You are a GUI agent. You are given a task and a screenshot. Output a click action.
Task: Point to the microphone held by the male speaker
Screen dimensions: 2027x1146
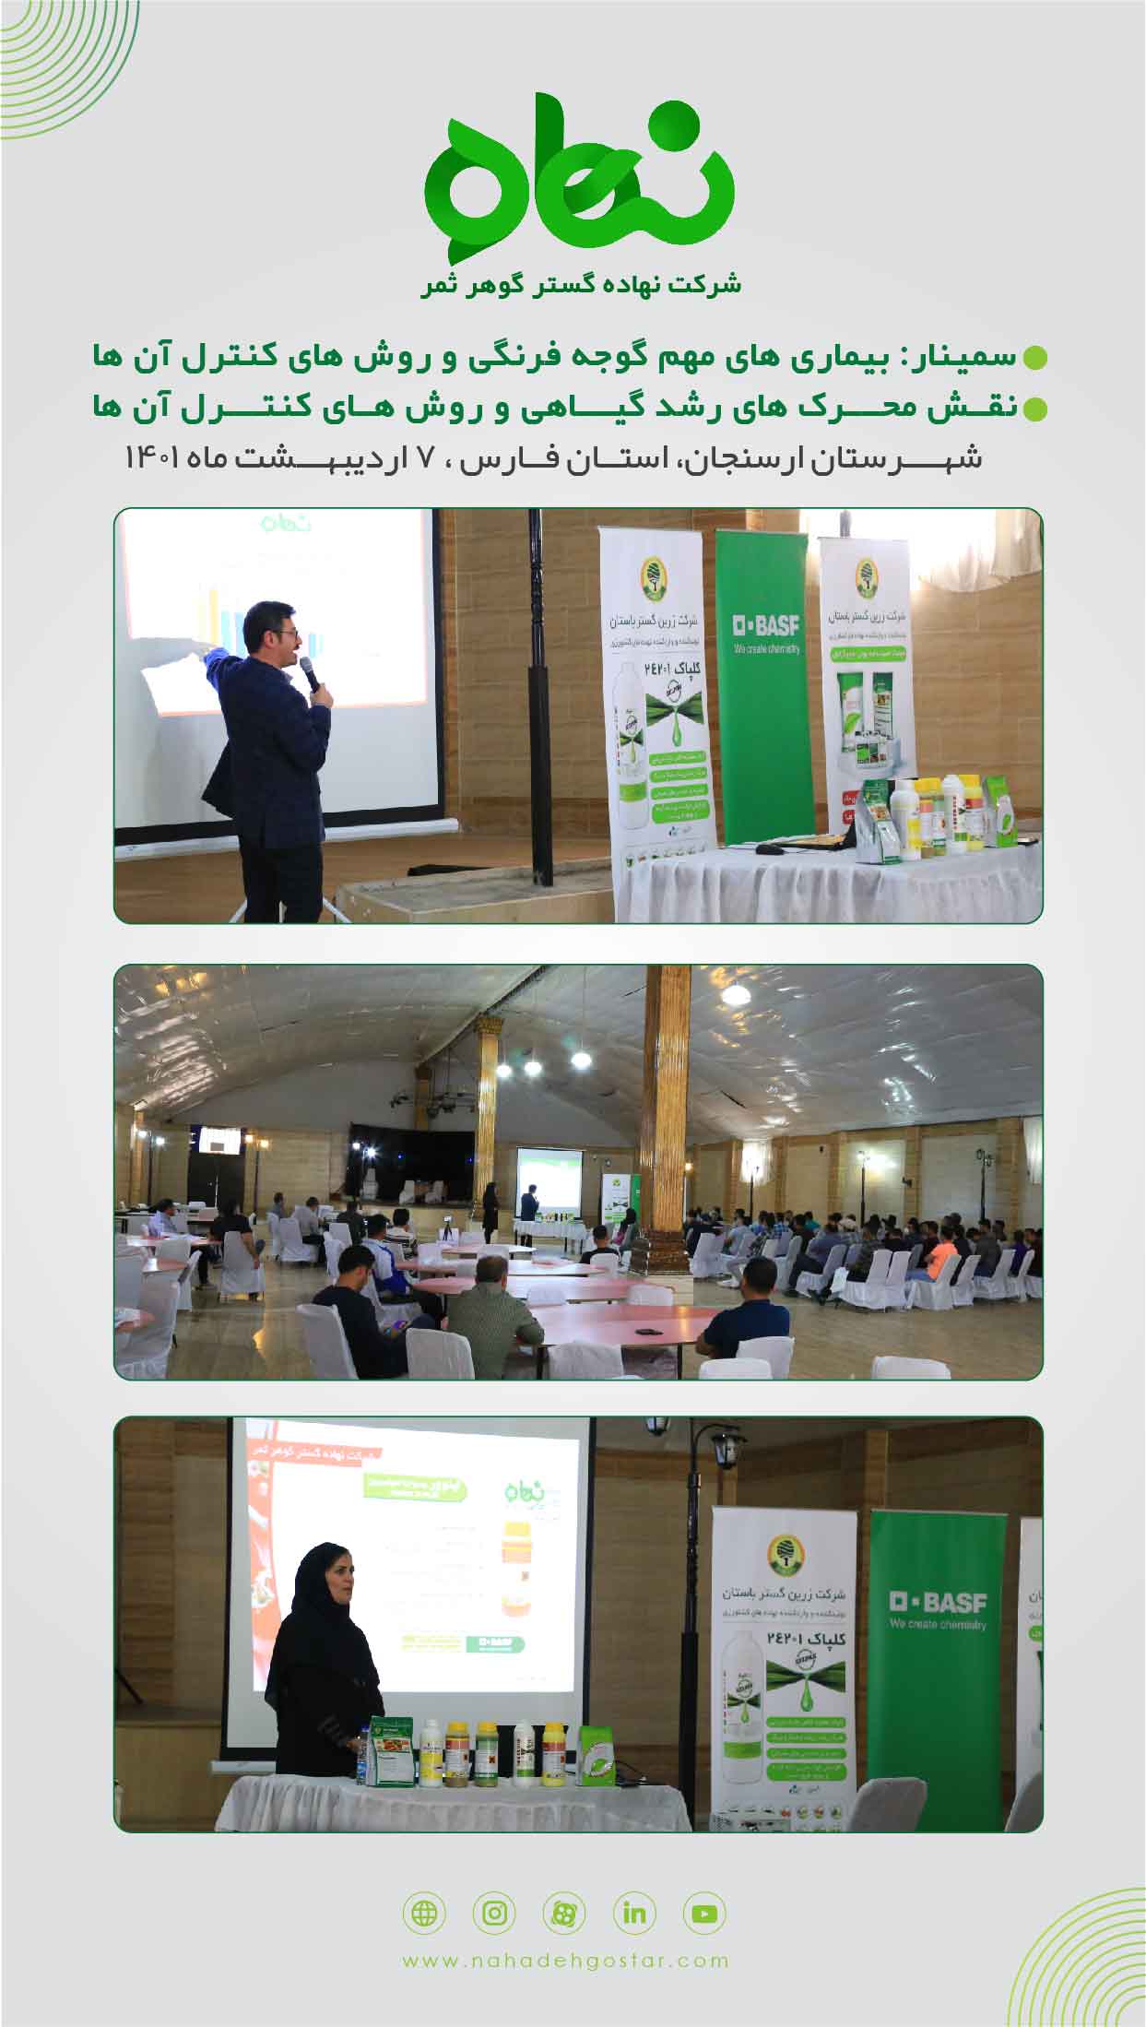pos(309,674)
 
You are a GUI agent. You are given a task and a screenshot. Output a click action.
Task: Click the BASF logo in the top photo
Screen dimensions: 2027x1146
pos(766,627)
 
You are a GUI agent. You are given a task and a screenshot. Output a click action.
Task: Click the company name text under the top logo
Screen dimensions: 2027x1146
pos(581,284)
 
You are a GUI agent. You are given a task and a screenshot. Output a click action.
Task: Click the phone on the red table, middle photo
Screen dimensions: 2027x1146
pos(649,1331)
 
